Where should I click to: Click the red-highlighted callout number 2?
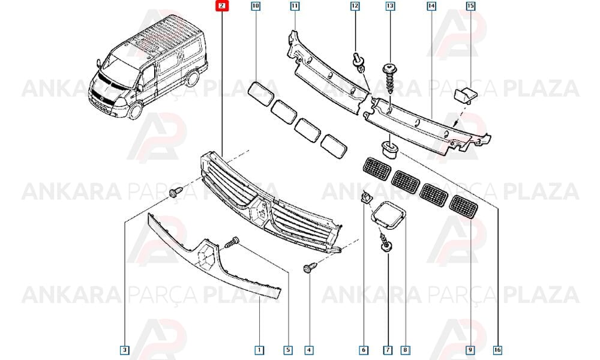point(222,6)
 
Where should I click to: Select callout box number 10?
point(256,6)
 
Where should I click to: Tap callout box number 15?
point(470,6)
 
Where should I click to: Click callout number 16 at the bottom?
point(497,350)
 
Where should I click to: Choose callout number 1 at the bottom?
point(259,350)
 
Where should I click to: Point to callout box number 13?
point(390,6)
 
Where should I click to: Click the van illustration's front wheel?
point(136,110)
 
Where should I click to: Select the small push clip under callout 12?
point(358,63)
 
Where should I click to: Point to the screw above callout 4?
point(310,267)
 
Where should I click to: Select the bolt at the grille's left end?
point(176,192)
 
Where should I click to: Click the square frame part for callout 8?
point(388,215)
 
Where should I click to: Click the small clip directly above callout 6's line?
point(366,197)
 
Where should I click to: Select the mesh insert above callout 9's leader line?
point(463,207)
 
